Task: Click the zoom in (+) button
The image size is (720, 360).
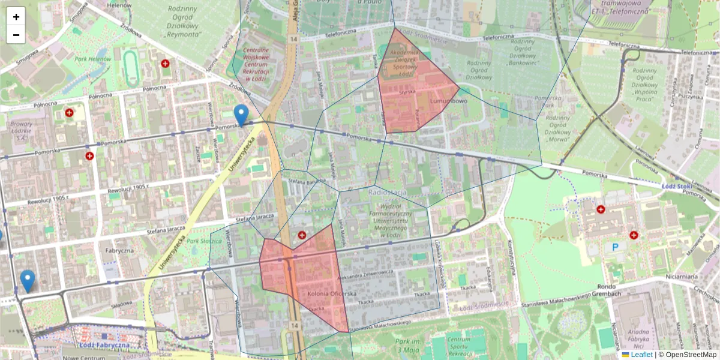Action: click(16, 17)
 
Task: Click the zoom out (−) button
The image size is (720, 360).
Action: click(16, 35)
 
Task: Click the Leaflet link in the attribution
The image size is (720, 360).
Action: click(641, 355)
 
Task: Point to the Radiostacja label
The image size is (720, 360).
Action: click(388, 192)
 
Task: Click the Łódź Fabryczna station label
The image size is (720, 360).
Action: click(104, 346)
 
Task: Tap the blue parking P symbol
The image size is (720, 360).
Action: click(615, 247)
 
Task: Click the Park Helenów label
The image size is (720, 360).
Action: click(92, 59)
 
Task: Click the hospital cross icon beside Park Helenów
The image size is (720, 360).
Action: click(165, 63)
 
